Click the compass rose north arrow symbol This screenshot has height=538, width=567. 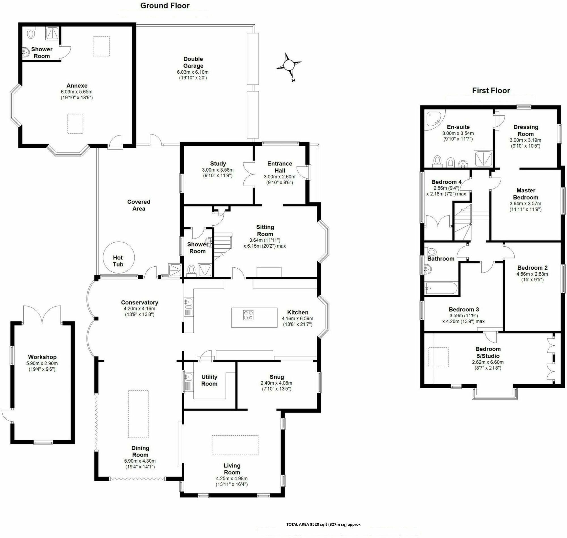289,65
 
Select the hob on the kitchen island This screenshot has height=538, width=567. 248,315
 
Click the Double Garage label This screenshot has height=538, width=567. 193,62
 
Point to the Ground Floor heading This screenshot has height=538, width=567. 165,6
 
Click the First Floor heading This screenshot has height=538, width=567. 491,91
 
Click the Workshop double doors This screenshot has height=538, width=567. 43,314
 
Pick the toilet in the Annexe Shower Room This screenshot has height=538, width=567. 30,33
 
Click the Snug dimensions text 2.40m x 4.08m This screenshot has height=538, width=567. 276,383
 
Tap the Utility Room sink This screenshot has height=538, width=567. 188,377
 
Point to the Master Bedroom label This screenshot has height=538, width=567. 525,194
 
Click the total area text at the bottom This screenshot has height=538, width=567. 323,524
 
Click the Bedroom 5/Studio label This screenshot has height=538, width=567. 488,353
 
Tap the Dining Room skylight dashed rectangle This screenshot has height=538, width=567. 138,413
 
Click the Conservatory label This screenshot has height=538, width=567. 139,302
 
